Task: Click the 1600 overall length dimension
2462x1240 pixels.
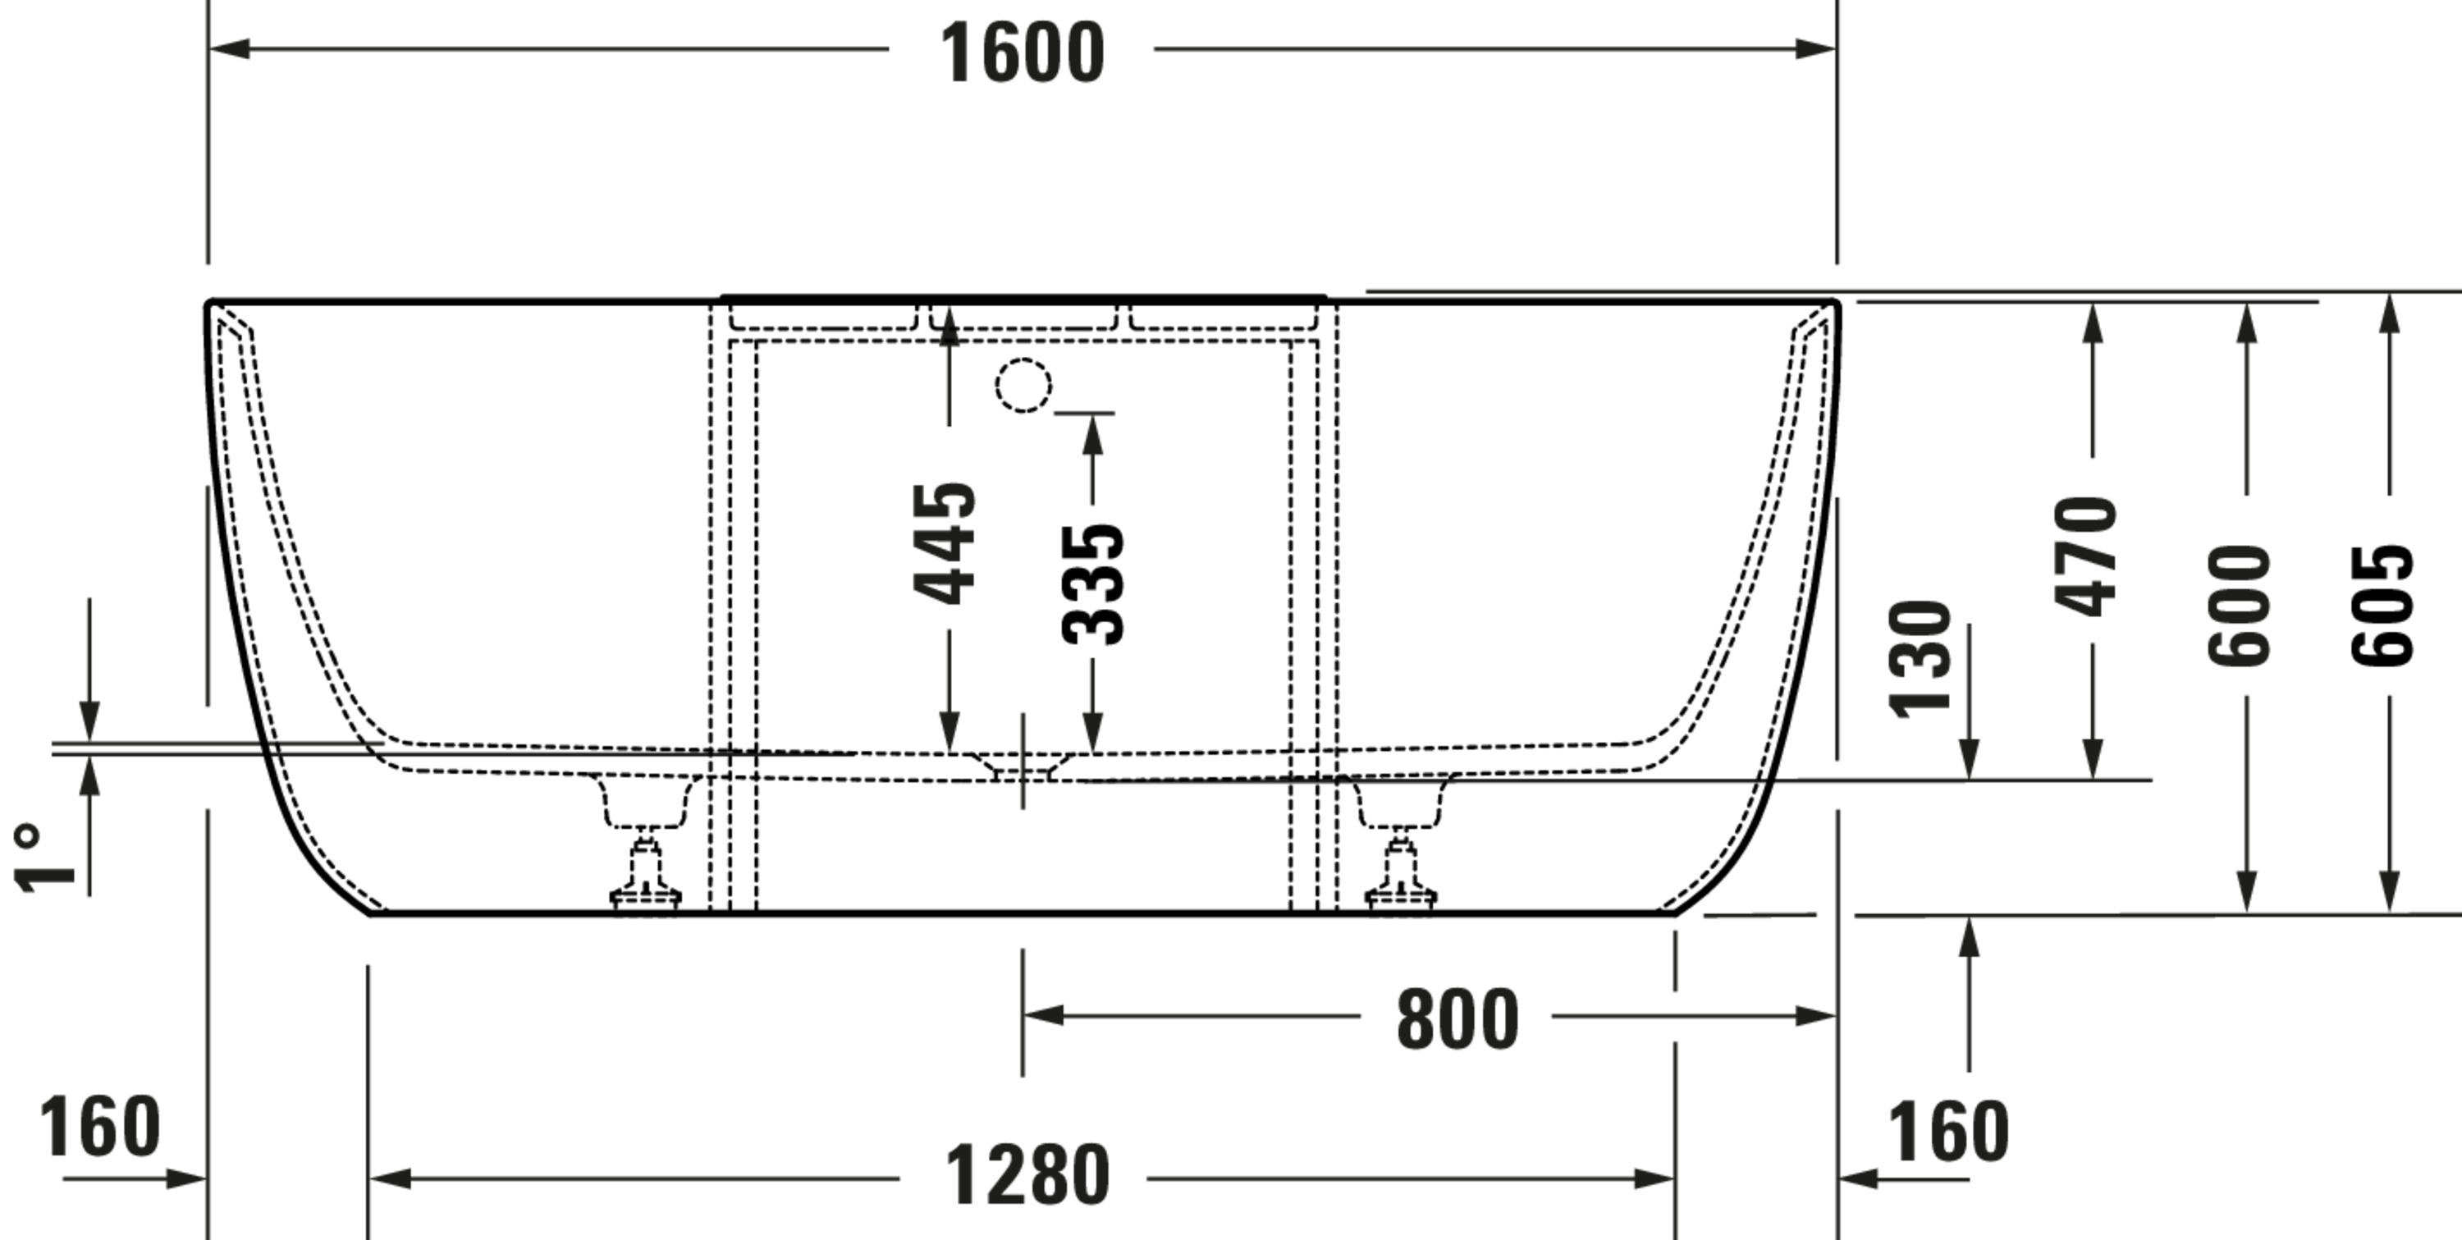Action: point(1022,53)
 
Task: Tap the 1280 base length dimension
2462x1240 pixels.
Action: point(1027,1175)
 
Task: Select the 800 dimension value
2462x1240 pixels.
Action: point(1457,1019)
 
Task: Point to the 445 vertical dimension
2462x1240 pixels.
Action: point(945,544)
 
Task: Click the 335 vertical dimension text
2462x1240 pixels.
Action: point(1093,583)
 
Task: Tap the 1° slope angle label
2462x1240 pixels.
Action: point(43,858)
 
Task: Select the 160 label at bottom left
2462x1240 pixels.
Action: point(99,1126)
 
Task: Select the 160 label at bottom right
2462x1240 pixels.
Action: point(1947,1132)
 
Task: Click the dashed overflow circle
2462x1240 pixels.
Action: point(1023,385)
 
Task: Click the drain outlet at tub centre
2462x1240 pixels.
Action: point(1023,766)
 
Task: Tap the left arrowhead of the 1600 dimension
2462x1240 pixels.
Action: point(230,48)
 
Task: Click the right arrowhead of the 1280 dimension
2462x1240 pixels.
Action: point(1654,1178)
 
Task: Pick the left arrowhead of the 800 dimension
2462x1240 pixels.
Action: point(1043,1015)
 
